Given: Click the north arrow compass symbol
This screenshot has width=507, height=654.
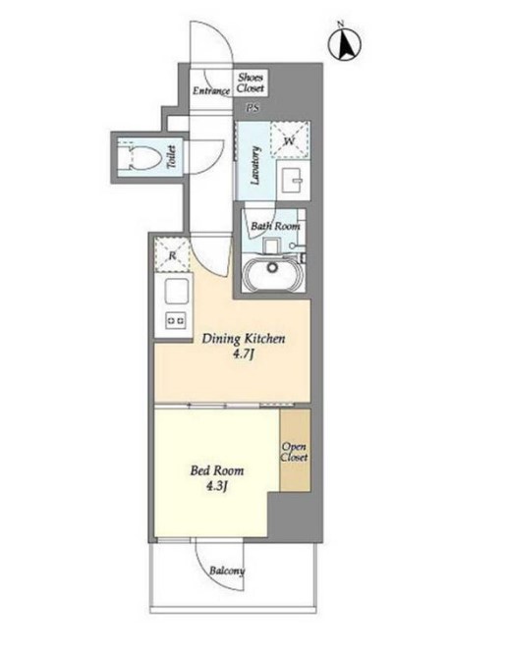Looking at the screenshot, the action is click(345, 44).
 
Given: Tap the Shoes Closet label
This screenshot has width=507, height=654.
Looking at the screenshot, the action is click(251, 82).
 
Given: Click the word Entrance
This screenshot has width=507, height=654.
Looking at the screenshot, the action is click(211, 90).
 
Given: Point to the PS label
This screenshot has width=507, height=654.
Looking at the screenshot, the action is click(253, 108).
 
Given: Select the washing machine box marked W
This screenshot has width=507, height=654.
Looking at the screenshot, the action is click(290, 139).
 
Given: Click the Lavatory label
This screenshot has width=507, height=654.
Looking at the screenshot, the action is click(254, 166).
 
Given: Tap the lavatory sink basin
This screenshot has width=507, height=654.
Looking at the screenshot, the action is click(293, 180).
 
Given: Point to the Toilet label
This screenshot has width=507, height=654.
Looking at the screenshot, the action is click(172, 157).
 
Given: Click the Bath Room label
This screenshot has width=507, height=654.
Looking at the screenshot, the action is click(275, 226).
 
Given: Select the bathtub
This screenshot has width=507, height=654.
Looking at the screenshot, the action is click(273, 274).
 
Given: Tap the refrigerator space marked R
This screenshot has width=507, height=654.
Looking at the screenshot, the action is click(172, 254).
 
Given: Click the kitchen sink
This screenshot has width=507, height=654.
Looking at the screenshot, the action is click(177, 291).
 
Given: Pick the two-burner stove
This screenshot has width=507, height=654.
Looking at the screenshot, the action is click(176, 320).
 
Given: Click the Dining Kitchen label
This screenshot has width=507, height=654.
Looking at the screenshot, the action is click(244, 338).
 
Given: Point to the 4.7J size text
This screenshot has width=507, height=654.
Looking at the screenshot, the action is click(244, 354).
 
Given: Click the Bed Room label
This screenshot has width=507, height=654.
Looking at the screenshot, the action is click(217, 471).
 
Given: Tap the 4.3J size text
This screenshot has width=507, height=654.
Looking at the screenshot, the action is click(216, 486).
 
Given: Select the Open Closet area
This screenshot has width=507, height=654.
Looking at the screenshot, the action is click(295, 450).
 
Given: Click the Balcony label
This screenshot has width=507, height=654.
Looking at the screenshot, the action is click(227, 571).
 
